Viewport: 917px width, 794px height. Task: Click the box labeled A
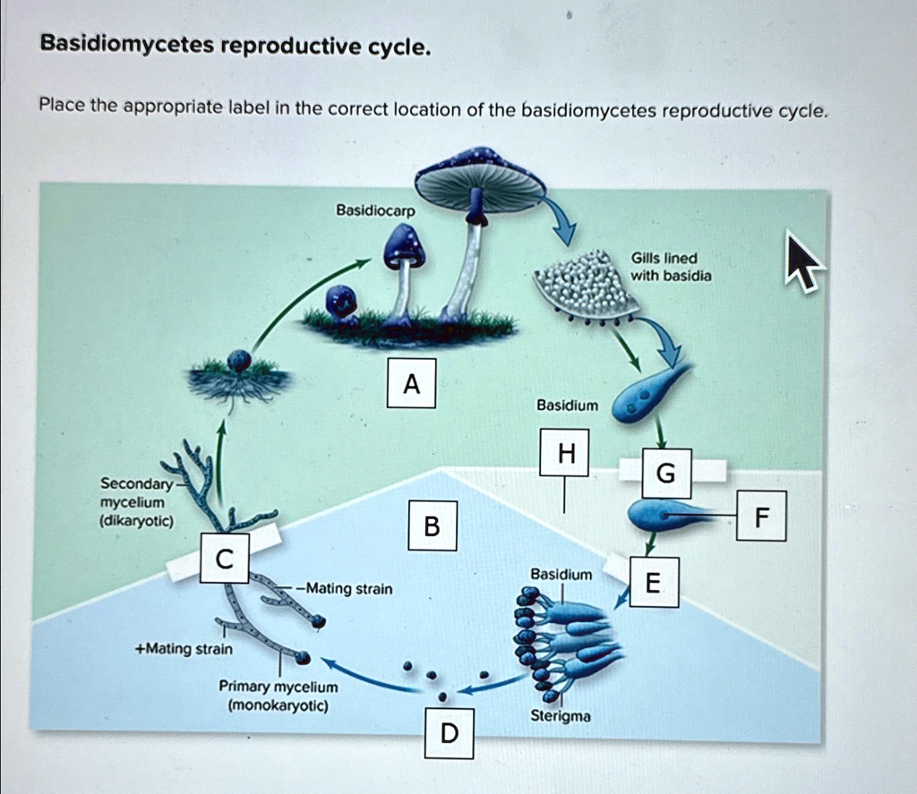[411, 383]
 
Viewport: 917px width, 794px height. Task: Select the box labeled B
[432, 526]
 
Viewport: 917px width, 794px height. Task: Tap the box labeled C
[224, 559]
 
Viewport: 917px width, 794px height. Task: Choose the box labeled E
[654, 583]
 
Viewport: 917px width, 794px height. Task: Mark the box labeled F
[761, 516]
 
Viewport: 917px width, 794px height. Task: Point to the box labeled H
[563, 452]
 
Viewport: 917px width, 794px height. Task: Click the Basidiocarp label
[369, 210]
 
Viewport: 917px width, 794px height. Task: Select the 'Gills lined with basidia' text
[672, 267]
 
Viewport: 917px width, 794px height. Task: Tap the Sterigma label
[561, 716]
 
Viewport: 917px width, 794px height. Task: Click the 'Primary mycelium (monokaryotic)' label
[279, 696]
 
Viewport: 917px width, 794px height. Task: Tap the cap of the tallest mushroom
[480, 178]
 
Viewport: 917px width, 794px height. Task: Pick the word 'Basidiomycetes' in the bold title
[121, 46]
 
